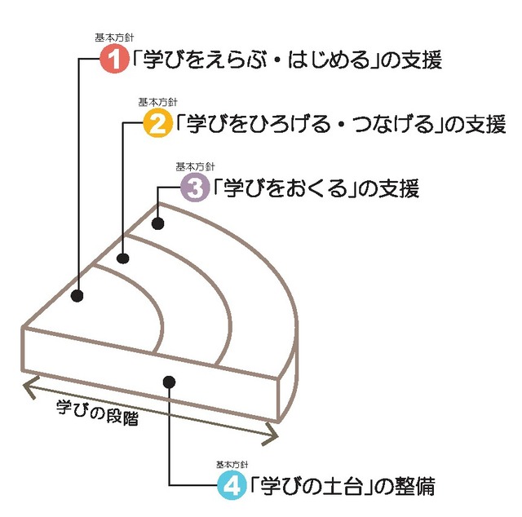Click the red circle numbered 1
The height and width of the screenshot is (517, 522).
click(x=115, y=60)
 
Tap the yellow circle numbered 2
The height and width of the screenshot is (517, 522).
click(x=157, y=124)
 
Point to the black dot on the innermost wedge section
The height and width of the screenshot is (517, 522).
click(x=77, y=296)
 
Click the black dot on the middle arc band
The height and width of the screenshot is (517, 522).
click(x=123, y=258)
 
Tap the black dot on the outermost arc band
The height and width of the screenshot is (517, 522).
click(x=158, y=223)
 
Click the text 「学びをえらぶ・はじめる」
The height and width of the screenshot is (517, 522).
click(x=252, y=60)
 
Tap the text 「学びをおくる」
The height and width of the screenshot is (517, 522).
click(x=285, y=189)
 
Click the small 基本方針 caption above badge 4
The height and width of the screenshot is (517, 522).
click(x=229, y=465)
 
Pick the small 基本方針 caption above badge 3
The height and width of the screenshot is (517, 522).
click(x=190, y=167)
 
